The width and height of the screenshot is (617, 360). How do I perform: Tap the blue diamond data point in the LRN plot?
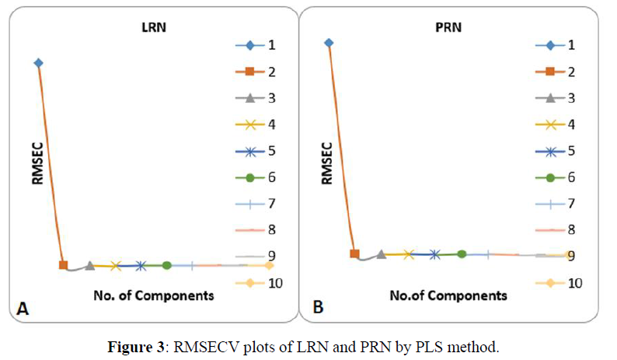pyautogui.click(x=38, y=62)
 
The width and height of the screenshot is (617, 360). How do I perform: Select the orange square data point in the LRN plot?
pyautogui.click(x=64, y=265)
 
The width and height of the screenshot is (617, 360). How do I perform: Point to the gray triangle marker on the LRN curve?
pyautogui.click(x=90, y=265)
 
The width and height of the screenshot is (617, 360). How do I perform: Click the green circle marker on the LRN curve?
pyautogui.click(x=166, y=265)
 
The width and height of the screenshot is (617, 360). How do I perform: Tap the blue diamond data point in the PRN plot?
pyautogui.click(x=329, y=43)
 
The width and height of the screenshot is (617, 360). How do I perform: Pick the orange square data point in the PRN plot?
pyautogui.click(x=355, y=253)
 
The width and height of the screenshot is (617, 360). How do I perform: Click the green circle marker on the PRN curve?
pyautogui.click(x=462, y=253)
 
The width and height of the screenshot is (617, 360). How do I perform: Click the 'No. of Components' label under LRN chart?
pyautogui.click(x=154, y=295)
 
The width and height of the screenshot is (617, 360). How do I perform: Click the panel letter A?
pyautogui.click(x=23, y=309)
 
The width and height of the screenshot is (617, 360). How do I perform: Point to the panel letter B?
pyautogui.click(x=318, y=308)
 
